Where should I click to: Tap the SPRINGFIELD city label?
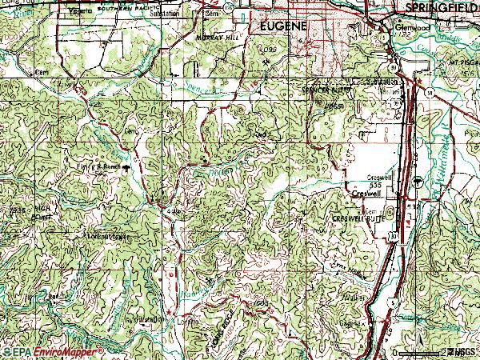(x=438, y=6)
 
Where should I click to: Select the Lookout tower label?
(x=110, y=238)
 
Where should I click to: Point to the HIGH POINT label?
(x=44, y=212)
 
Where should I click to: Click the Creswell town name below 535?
(x=365, y=193)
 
